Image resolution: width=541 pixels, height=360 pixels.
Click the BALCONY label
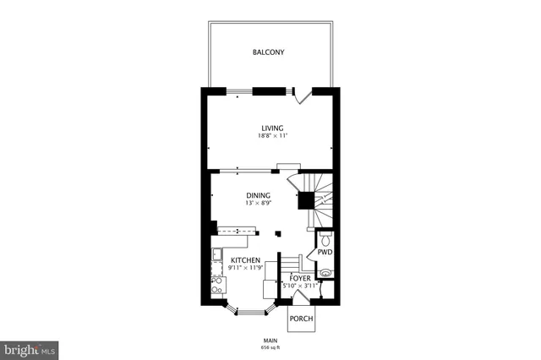(268, 52)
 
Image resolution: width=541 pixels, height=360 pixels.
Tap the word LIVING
(271, 128)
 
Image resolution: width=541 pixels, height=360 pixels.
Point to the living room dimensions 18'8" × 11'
(271, 136)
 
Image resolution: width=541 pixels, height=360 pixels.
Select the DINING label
(258, 196)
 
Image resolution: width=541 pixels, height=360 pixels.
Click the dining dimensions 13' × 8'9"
(258, 204)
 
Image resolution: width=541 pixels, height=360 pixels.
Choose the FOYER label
(300, 277)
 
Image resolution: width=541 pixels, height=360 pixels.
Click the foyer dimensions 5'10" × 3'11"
(300, 285)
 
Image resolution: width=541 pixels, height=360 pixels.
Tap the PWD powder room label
(325, 252)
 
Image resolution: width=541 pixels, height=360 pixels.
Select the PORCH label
(301, 319)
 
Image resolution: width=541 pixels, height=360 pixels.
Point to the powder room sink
(326, 273)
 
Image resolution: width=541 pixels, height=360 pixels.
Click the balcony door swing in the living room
(300, 97)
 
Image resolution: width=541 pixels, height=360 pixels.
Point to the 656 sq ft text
(270, 346)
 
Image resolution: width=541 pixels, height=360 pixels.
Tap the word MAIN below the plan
(270, 339)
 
